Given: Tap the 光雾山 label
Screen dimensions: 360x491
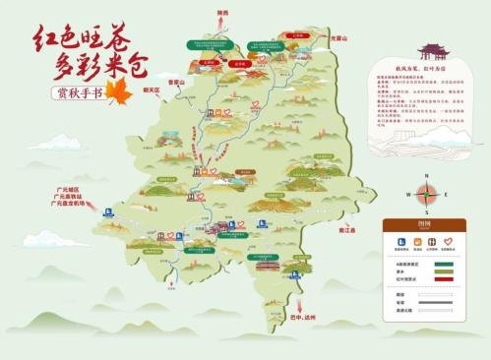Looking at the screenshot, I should [x=339, y=37].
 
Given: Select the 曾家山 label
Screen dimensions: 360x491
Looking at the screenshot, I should [x=177, y=83].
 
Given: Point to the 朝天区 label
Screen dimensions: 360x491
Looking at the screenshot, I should [x=152, y=90].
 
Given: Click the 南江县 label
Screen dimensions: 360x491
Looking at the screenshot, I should [x=373, y=230].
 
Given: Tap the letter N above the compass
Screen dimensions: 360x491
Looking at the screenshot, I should [x=426, y=175].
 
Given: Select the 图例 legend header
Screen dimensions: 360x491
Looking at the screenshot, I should [x=424, y=222].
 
